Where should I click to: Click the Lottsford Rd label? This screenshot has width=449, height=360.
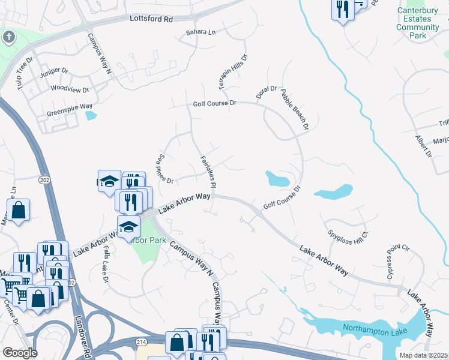click(151, 19)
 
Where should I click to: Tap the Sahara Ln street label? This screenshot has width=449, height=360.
click(200, 32)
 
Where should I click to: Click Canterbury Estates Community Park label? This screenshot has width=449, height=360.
click(418, 23)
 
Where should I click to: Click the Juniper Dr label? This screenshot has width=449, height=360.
click(54, 71)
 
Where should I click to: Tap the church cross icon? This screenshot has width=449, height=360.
click(8, 37)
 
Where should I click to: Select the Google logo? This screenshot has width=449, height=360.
click(20, 353)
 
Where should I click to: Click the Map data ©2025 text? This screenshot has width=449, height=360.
click(423, 355)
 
